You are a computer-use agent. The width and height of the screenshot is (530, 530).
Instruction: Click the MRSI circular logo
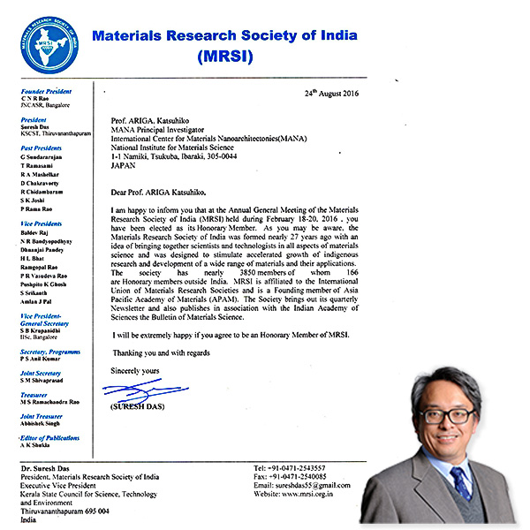[51, 46]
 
